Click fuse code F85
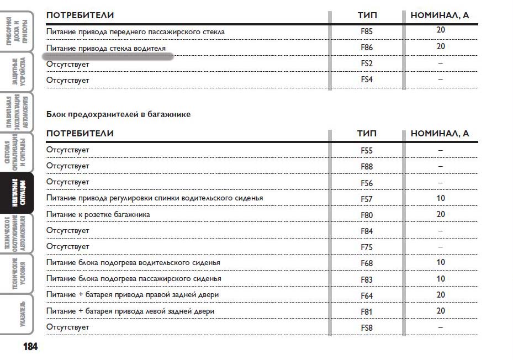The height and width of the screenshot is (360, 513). point(367,32)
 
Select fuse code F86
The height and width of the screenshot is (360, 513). point(367,48)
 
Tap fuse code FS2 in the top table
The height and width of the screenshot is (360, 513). point(367,64)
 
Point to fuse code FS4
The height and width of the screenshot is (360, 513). point(367,80)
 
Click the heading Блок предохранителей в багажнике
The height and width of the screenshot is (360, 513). point(118,114)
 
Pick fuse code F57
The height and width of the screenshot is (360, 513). point(367,199)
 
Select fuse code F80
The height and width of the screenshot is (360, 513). point(367,215)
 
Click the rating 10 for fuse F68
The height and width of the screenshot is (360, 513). point(441,263)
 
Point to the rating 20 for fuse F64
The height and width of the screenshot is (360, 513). point(441,295)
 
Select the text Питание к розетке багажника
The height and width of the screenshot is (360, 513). point(98,214)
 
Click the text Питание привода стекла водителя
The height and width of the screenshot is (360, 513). point(106,48)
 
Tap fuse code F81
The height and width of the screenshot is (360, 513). point(367,312)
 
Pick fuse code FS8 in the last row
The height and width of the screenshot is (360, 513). point(367,328)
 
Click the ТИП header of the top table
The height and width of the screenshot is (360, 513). point(367,15)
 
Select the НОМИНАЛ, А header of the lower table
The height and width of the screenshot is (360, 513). point(440,134)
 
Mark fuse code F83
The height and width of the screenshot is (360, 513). point(367,280)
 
